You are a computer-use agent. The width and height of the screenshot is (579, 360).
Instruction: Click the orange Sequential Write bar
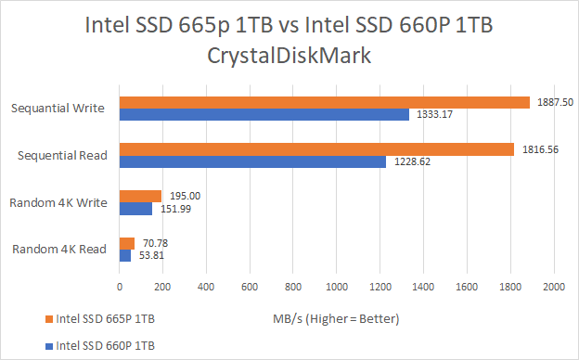point(324,102)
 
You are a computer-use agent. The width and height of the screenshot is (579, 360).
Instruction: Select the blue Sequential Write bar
point(264,115)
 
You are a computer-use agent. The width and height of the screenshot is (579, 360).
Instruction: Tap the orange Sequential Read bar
point(316,149)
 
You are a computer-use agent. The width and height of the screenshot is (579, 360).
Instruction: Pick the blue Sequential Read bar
point(252,162)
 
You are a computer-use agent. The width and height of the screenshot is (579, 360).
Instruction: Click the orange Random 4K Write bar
point(140,196)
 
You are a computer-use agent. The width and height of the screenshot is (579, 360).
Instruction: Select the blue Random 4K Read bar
point(124,256)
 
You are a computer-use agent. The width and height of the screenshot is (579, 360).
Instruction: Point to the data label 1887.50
point(554,102)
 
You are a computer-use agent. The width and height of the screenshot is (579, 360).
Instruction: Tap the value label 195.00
point(185,196)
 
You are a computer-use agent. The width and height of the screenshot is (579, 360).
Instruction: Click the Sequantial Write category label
point(58,109)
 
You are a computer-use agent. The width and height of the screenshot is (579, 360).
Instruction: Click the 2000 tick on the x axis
point(554,288)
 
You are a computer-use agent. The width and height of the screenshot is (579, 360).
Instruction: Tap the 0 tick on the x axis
point(119,288)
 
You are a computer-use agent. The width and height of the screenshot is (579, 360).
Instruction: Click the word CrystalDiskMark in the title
point(289,55)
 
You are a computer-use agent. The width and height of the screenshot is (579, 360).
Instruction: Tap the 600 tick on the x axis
point(249,288)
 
